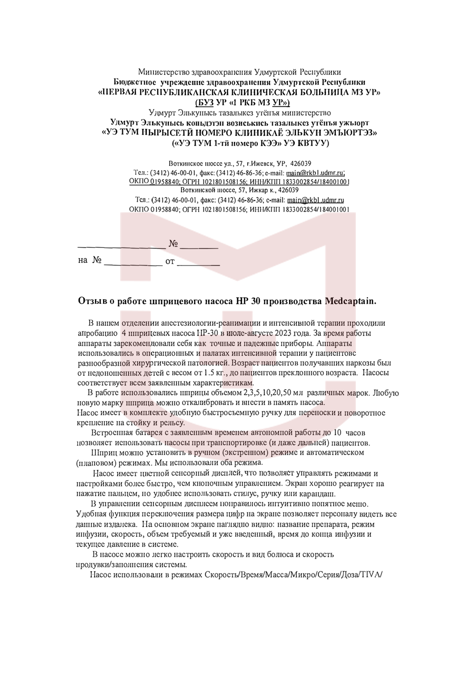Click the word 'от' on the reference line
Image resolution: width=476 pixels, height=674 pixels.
[x=170, y=261]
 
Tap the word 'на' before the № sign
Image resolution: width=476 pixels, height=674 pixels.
[x=83, y=260]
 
